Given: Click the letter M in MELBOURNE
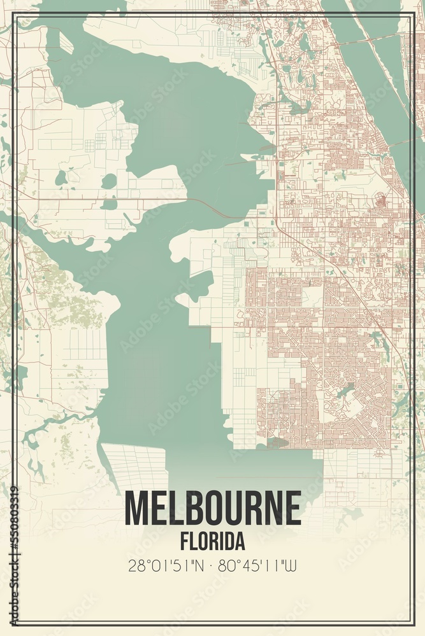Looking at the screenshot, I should pos(136,508).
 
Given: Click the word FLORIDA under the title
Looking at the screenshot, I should pos(212,541).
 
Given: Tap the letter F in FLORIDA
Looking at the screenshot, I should pos(184,541).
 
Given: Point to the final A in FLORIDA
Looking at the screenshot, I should pos(240,541).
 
